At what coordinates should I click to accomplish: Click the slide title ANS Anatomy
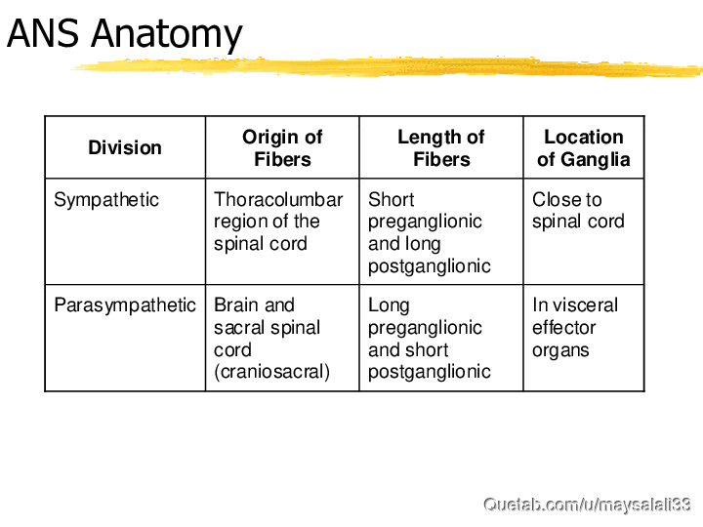(x=125, y=35)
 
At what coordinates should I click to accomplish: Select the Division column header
(x=125, y=147)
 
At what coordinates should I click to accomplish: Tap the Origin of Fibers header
(x=282, y=148)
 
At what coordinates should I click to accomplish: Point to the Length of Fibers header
(x=441, y=148)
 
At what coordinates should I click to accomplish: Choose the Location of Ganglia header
(x=584, y=148)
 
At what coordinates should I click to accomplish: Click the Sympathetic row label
(x=106, y=200)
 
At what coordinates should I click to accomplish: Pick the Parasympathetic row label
(x=125, y=305)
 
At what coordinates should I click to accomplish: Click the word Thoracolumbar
(x=278, y=200)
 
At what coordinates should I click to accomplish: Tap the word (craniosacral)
(x=271, y=372)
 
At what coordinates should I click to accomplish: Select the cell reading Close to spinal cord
(x=578, y=211)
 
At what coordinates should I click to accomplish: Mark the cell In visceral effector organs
(x=575, y=328)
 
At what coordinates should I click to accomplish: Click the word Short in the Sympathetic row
(x=392, y=200)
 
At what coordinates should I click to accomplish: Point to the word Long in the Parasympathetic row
(x=389, y=306)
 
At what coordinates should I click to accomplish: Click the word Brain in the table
(x=236, y=305)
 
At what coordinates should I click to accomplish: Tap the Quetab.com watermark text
(x=587, y=506)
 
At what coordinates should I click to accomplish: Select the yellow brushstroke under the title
(x=387, y=67)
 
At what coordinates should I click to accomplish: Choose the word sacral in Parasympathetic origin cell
(x=240, y=328)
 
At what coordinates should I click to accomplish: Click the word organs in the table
(x=560, y=351)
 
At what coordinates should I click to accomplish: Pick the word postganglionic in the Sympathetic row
(x=430, y=266)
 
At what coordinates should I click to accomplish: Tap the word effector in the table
(x=564, y=328)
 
